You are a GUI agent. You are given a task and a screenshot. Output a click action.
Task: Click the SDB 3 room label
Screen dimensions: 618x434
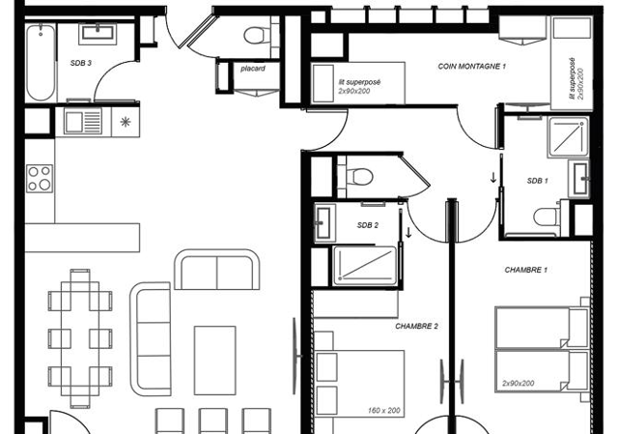[x=81, y=63]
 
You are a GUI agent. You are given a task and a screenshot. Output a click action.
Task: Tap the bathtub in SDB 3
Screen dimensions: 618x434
[x=41, y=62]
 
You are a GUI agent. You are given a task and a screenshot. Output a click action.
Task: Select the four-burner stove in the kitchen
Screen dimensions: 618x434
[x=40, y=179]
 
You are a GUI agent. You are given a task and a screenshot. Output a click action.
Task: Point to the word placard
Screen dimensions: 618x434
[x=253, y=69]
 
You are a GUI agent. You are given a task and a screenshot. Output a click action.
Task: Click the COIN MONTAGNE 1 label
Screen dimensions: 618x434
[x=472, y=67]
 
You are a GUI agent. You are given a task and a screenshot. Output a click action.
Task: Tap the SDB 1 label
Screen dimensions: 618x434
[x=537, y=181]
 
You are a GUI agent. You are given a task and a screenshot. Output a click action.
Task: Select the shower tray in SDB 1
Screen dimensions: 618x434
[x=568, y=137]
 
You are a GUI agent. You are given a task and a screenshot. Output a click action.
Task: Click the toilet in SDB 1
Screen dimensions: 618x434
[x=547, y=217]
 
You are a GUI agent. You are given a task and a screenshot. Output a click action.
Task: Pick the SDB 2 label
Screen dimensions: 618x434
[x=367, y=225]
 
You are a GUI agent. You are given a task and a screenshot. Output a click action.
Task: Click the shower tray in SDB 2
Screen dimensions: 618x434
[x=364, y=265]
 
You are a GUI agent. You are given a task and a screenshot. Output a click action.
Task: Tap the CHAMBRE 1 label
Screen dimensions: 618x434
[x=525, y=270]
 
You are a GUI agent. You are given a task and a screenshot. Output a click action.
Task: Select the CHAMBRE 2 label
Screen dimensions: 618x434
[x=416, y=327]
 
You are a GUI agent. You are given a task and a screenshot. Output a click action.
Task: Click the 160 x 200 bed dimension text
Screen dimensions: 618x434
[x=384, y=411]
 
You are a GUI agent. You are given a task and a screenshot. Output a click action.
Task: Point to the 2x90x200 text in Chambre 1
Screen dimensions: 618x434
[x=519, y=383]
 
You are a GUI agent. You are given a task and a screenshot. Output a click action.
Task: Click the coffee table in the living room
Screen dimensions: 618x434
[x=214, y=361]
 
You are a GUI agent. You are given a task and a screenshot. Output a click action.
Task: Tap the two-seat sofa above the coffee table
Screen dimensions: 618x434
[x=216, y=269]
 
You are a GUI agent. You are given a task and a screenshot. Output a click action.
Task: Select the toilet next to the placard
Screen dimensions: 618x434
[x=257, y=36]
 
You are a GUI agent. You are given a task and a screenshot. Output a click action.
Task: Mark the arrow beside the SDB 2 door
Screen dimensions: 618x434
[x=408, y=232]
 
